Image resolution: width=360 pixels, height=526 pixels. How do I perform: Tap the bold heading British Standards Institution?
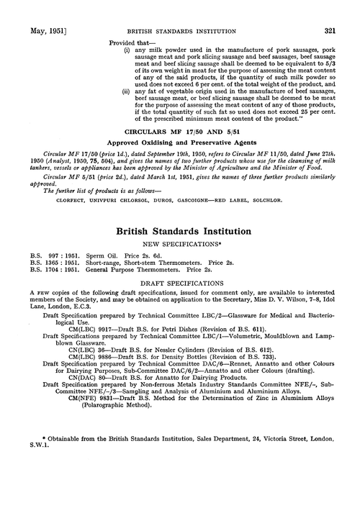pos(179,233)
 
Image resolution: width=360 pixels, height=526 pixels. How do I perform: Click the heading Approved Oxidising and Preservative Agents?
pos(180,164)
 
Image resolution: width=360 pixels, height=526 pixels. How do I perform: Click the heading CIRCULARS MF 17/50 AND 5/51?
pos(180,153)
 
